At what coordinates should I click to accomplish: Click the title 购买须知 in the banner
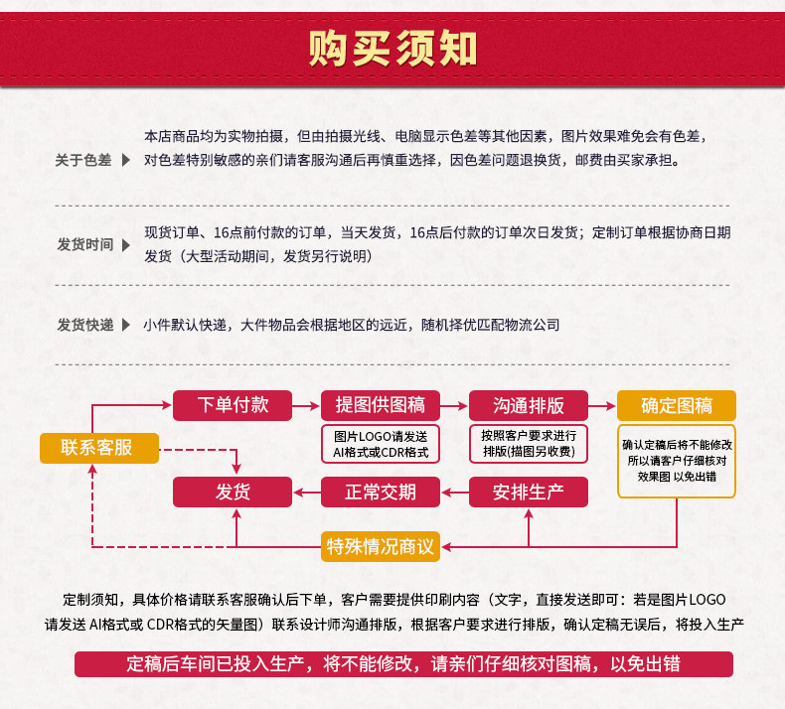coord(392,48)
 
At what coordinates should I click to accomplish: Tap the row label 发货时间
coord(85,244)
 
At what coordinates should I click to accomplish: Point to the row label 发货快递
coord(85,325)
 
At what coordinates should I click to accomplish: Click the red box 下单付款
coord(233,405)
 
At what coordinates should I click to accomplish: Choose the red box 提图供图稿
coord(381,405)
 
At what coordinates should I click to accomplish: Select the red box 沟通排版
coord(528,405)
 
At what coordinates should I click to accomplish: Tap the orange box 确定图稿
coord(677,405)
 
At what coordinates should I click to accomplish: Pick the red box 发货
coord(233,492)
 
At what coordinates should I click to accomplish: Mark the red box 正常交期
coord(381,492)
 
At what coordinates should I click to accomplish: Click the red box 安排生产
coord(528,492)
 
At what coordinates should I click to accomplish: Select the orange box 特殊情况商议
coord(381,545)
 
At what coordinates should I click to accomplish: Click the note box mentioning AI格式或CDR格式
coord(381,444)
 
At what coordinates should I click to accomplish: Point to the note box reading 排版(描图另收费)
coord(528,444)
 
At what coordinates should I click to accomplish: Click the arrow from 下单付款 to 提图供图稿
coord(306,405)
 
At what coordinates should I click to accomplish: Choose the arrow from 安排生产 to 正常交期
coord(454,492)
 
